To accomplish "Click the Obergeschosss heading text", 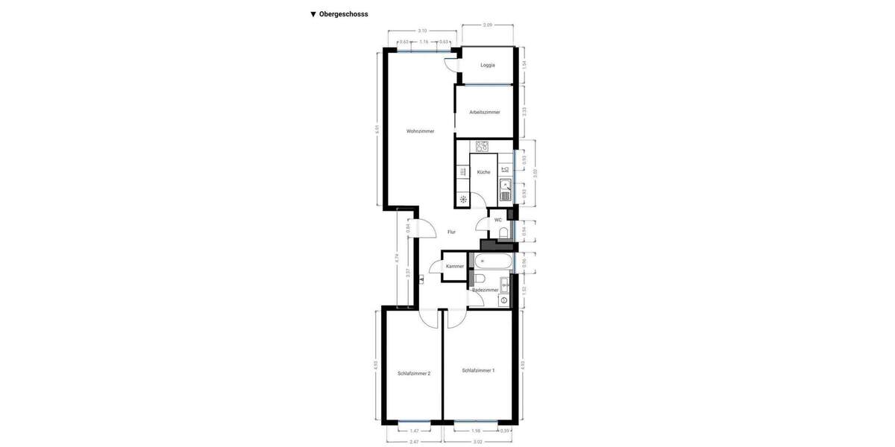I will (343, 14).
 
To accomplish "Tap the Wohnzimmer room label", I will (420, 131).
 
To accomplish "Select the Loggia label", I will (488, 66).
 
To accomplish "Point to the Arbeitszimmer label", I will (485, 112).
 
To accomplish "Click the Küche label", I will (484, 172).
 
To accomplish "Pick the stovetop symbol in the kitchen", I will (482, 147).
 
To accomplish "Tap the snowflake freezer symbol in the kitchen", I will (463, 199).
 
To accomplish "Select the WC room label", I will (497, 220).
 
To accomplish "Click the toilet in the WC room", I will (504, 233).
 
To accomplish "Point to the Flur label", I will (451, 232).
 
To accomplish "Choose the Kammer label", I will (455, 266).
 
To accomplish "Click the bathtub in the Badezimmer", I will (494, 262).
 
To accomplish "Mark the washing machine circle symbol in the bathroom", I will (504, 300).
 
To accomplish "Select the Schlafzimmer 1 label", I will (478, 370).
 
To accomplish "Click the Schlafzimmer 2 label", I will (414, 373).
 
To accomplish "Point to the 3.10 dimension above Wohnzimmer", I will (422, 31).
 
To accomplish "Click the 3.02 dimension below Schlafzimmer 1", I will (478, 442).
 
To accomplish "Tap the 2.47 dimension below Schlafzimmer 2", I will (414, 442).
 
